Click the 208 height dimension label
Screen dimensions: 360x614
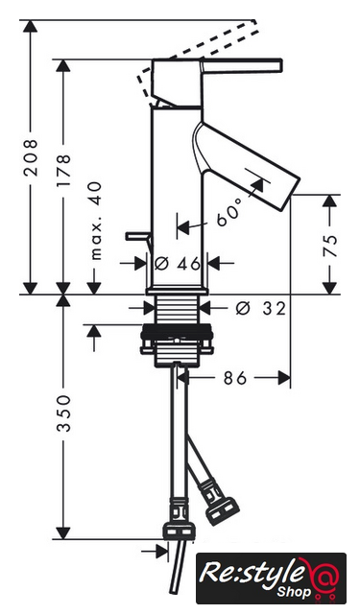click(x=30, y=157)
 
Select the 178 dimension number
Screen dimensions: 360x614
click(x=63, y=170)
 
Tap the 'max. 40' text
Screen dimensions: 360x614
click(x=96, y=221)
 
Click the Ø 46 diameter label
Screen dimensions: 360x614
click(x=177, y=264)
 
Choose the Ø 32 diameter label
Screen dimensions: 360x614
click(x=261, y=309)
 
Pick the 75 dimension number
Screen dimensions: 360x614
click(x=330, y=246)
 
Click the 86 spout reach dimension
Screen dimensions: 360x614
click(x=235, y=378)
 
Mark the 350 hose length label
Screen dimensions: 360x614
click(x=63, y=413)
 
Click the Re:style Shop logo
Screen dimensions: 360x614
click(x=271, y=578)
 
